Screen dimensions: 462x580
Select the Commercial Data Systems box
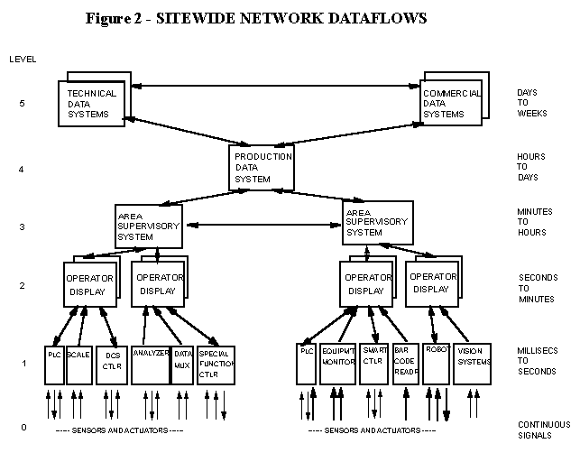451,104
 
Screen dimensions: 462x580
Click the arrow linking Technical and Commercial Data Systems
271,87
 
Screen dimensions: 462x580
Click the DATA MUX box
182,364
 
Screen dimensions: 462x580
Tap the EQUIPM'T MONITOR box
337,364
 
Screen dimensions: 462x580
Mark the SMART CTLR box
373,364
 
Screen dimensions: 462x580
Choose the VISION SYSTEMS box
474,364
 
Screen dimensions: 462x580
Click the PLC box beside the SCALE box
54,364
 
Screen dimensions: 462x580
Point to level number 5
23,104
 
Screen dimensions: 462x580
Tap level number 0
23,427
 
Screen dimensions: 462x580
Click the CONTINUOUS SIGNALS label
543,430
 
